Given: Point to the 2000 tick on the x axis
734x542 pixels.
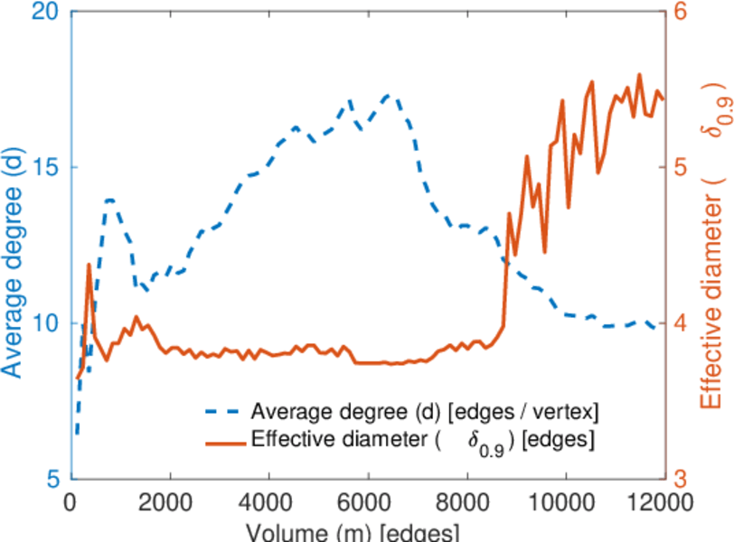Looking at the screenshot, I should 170,500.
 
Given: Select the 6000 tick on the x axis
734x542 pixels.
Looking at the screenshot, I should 368,500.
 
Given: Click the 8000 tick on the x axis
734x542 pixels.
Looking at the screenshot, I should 466,500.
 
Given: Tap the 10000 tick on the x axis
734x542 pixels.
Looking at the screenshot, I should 565,500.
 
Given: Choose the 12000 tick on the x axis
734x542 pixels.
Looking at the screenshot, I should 663,500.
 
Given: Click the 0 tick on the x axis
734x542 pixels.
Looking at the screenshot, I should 71,500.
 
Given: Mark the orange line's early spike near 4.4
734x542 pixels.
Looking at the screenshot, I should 89,265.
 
